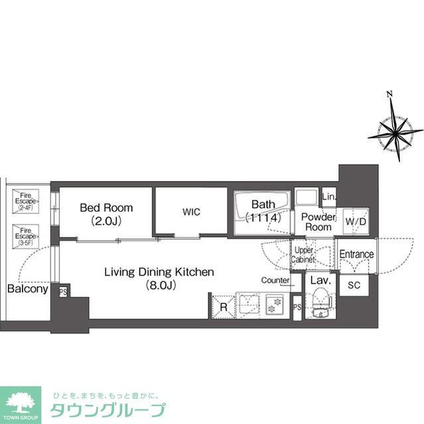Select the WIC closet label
pos(192,212)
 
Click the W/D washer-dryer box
pos(355,222)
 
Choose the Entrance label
pos(356,254)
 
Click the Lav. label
pos(317,280)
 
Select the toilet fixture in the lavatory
pos(320,301)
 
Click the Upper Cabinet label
pos(305,254)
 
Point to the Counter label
pos(275,280)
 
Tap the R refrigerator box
pos(223,307)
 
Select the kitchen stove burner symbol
pos(274,307)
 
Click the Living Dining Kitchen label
pos(159,272)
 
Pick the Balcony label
pos(27,289)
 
